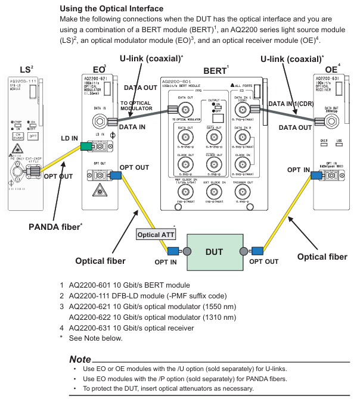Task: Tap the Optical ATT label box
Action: [x=157, y=234]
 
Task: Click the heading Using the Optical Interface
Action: [x=120, y=9]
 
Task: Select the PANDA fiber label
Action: [x=55, y=226]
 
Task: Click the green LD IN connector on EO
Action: [x=85, y=146]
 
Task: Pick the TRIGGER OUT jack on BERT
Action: [x=243, y=192]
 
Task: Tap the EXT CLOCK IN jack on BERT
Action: [x=211, y=192]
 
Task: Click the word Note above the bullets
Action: [x=80, y=360]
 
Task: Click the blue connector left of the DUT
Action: [x=178, y=251]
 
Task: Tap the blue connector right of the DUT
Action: [x=252, y=251]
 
